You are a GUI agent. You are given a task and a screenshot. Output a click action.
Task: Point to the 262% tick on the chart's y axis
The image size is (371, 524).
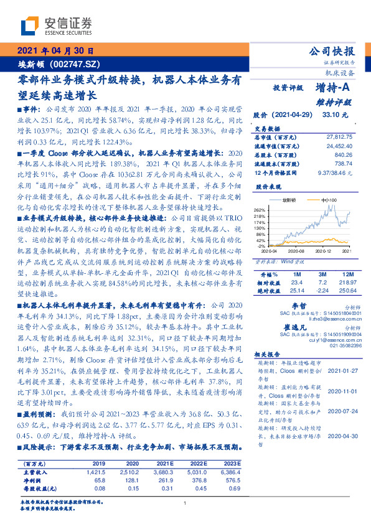pos(260,210)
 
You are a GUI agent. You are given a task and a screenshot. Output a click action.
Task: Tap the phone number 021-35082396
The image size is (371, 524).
pos(332,345)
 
